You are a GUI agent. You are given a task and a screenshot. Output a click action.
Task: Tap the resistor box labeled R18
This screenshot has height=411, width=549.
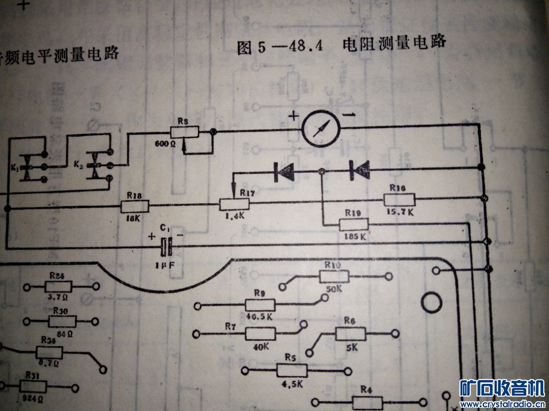(135, 206)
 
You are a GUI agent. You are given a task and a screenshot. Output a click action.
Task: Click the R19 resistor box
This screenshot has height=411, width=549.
(353, 224)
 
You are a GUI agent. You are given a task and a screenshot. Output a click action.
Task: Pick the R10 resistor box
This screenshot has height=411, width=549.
(334, 276)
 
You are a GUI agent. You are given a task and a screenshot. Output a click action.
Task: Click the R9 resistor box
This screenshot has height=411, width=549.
(260, 305)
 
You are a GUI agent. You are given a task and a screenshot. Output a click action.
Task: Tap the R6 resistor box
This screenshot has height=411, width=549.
(350, 334)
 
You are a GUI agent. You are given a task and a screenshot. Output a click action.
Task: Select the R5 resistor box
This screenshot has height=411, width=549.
(292, 370)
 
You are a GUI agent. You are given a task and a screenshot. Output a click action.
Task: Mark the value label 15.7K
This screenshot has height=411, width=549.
(400, 212)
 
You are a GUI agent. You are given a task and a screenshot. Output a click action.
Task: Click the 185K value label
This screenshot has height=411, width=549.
(354, 235)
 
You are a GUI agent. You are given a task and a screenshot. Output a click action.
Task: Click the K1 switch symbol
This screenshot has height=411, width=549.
(30, 168)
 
